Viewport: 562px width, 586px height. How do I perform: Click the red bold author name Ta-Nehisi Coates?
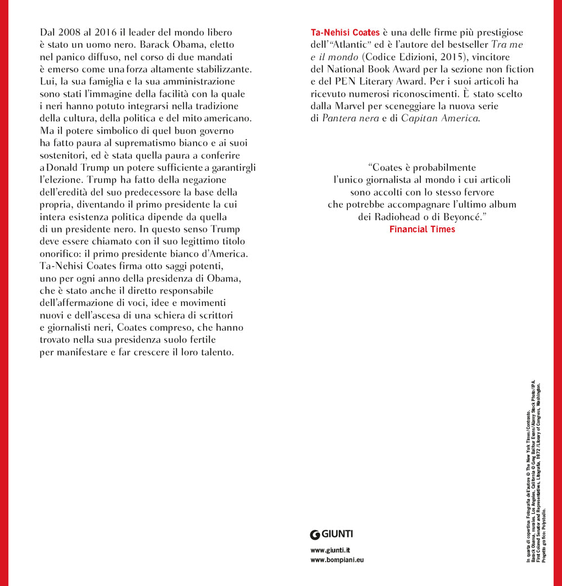345,33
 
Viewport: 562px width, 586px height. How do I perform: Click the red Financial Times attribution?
422,229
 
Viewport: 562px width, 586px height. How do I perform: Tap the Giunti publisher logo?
332,534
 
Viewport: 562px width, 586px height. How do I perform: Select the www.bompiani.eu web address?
337,561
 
